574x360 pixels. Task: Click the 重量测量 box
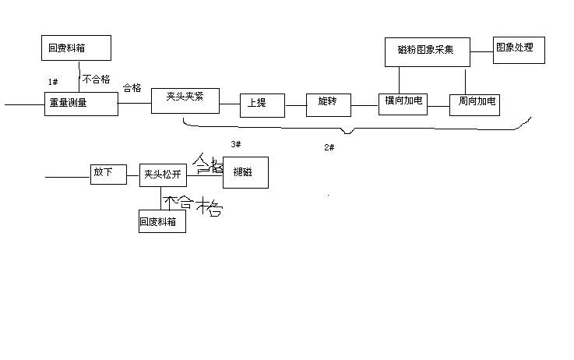tap(81, 104)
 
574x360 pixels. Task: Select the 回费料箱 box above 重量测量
tap(76, 48)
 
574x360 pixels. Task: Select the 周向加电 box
tap(474, 104)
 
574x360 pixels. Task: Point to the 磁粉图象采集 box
tap(430, 52)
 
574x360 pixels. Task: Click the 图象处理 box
tap(518, 50)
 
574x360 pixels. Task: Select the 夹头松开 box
tap(161, 175)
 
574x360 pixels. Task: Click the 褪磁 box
tap(246, 173)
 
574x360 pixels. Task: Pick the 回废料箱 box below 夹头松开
tap(162, 222)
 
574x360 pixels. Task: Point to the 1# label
tap(52, 82)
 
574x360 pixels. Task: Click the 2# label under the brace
tap(329, 146)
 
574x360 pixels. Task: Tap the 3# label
tap(236, 144)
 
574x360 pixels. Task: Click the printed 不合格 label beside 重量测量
tap(96, 79)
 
